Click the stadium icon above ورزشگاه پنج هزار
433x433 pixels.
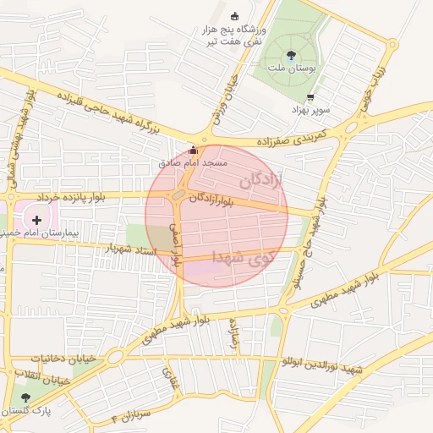(x=235, y=16)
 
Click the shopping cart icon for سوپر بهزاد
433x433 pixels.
(x=311, y=97)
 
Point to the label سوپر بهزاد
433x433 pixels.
(x=310, y=110)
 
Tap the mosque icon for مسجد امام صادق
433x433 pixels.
(x=193, y=150)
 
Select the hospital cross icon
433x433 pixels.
(x=36, y=219)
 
